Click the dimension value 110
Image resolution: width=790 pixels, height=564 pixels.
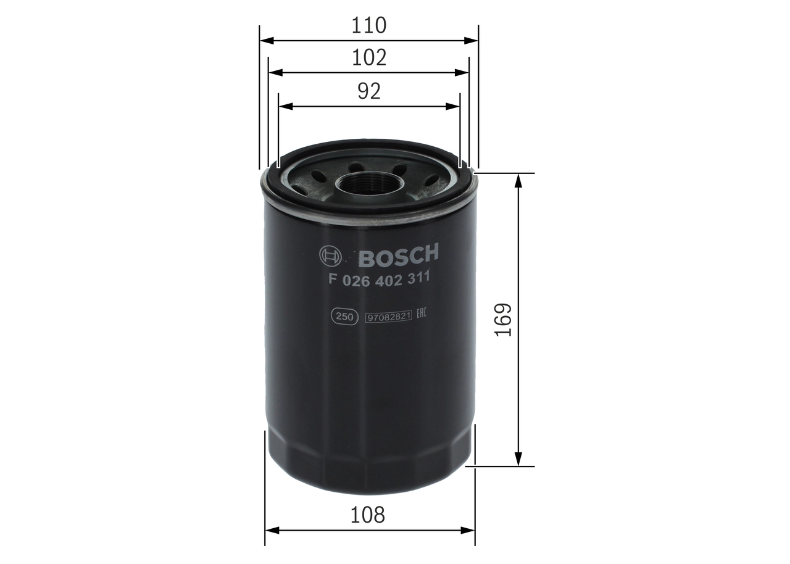click(x=368, y=25)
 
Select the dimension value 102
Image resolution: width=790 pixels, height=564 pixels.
click(x=368, y=57)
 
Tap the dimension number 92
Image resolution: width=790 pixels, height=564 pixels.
click(x=368, y=91)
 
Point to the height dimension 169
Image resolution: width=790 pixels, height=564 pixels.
click(x=504, y=319)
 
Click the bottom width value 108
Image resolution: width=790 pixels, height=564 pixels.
click(x=368, y=514)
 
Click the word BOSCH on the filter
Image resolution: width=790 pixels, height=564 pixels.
click(x=398, y=254)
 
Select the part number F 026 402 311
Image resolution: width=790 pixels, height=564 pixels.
click(x=379, y=278)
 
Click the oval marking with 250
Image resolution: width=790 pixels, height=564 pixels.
click(x=344, y=317)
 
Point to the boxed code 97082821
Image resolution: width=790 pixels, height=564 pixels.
click(x=388, y=317)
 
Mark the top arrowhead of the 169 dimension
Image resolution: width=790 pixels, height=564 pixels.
click(x=518, y=180)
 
